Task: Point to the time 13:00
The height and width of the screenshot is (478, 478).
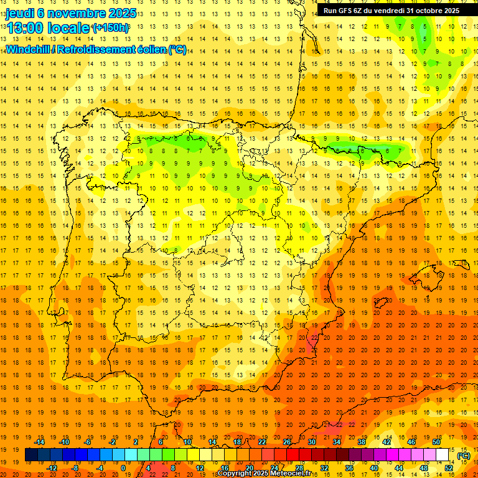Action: pos(25,27)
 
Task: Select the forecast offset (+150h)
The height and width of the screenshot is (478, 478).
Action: pos(111,27)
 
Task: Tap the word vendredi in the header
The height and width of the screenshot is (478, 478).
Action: pos(390,11)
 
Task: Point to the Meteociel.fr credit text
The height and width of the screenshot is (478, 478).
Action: pos(286,474)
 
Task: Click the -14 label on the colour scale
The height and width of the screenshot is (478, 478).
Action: pos(40,441)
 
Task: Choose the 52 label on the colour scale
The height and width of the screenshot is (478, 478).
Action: pos(449,467)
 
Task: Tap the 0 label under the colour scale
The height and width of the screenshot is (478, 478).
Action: pos(123,467)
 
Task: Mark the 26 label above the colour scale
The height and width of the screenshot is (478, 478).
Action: pos(287,441)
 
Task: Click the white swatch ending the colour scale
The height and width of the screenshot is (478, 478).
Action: pos(443,454)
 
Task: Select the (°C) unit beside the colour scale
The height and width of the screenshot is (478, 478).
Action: pos(464,456)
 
